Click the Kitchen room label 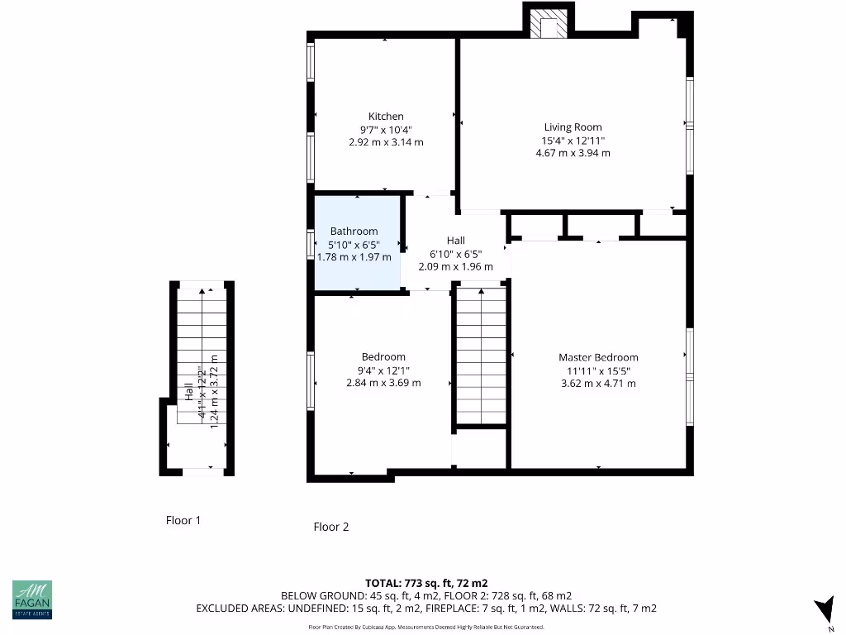386,117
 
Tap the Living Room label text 573,127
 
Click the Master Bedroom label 598,357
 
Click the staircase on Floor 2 481,356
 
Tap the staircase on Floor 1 202,347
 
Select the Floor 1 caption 183,520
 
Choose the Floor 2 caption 330,527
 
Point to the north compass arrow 824,609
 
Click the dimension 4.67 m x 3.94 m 573,153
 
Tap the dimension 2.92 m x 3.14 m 386,142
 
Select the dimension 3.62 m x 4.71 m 598,384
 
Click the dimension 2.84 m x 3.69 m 383,383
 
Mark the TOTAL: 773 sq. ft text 420,583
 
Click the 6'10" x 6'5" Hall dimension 455,254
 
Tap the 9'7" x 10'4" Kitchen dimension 386,130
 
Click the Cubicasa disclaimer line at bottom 425,627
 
